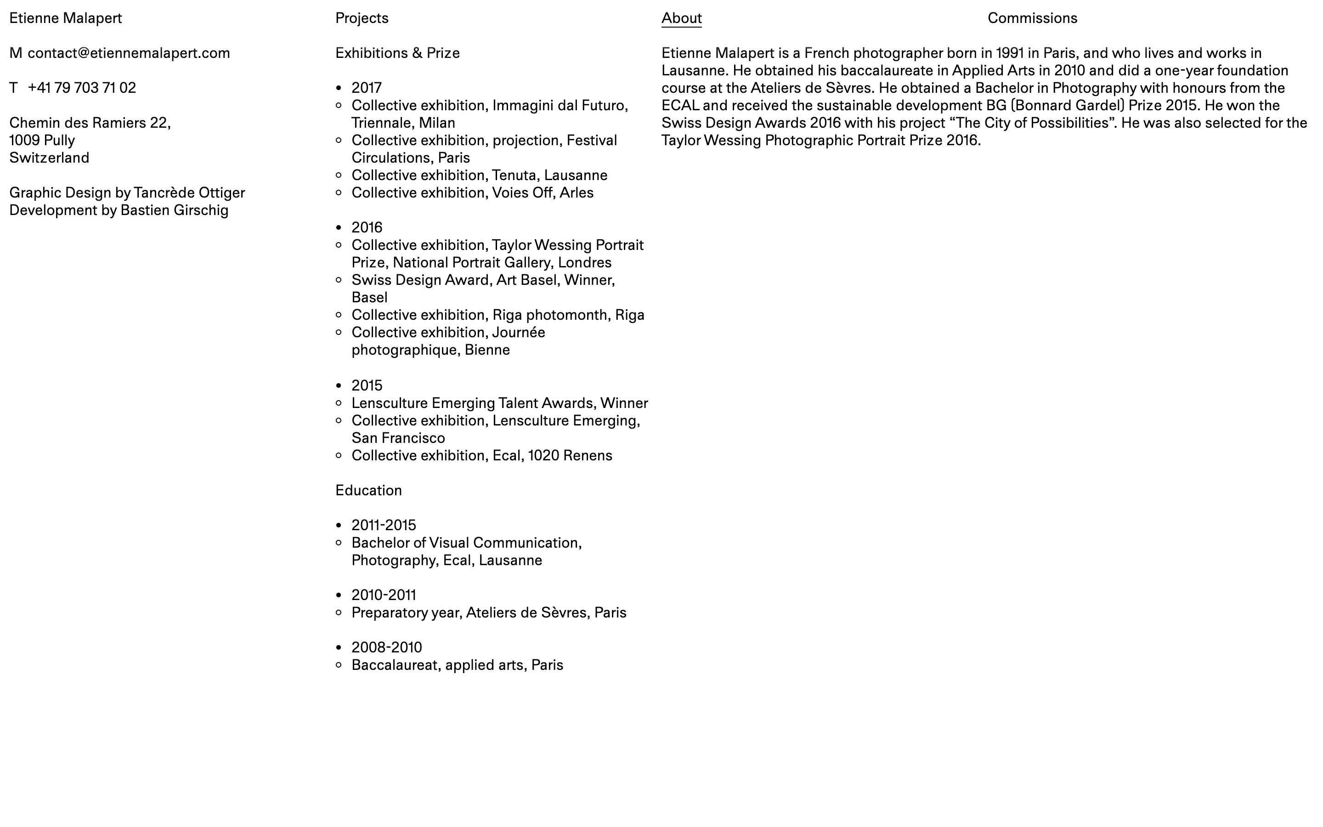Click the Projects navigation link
pyautogui.click(x=362, y=18)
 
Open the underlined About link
pyautogui.click(x=681, y=18)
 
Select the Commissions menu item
pyautogui.click(x=1032, y=18)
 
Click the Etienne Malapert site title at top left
pyautogui.click(x=66, y=18)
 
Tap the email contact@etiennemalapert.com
pyautogui.click(x=129, y=53)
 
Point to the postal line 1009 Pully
pyautogui.click(x=42, y=141)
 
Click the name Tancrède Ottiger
pyautogui.click(x=189, y=193)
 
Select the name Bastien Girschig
pyautogui.click(x=175, y=210)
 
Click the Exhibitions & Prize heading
pyautogui.click(x=397, y=53)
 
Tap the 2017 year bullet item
pyautogui.click(x=366, y=88)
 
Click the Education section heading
pyautogui.click(x=368, y=491)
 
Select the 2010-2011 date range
pyautogui.click(x=383, y=595)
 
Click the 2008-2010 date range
pyautogui.click(x=386, y=648)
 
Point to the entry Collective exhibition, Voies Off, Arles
pyautogui.click(x=472, y=193)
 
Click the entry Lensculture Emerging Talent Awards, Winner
pyautogui.click(x=499, y=403)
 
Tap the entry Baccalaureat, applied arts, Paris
pyautogui.click(x=457, y=665)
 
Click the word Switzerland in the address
pyautogui.click(x=49, y=158)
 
